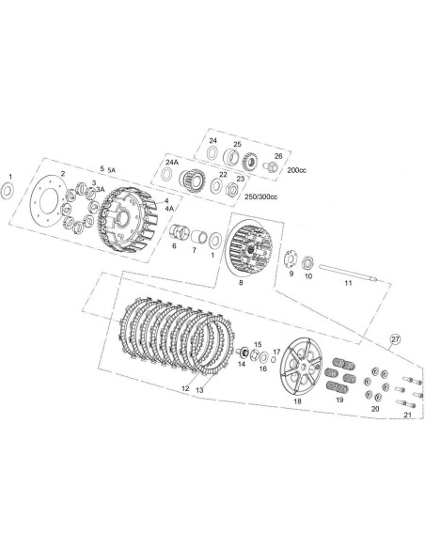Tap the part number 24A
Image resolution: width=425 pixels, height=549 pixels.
[x=172, y=163]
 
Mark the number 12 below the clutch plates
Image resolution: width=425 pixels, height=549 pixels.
[x=185, y=387]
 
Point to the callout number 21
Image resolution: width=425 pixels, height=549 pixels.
[x=406, y=414]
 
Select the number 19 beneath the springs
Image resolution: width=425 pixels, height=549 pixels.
[x=340, y=400]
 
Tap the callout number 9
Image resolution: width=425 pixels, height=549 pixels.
[x=291, y=274]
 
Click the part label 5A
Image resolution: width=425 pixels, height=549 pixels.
[x=114, y=168]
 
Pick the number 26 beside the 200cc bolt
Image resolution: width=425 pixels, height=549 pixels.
[x=278, y=156]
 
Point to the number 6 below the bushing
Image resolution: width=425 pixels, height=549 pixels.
[x=174, y=246]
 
